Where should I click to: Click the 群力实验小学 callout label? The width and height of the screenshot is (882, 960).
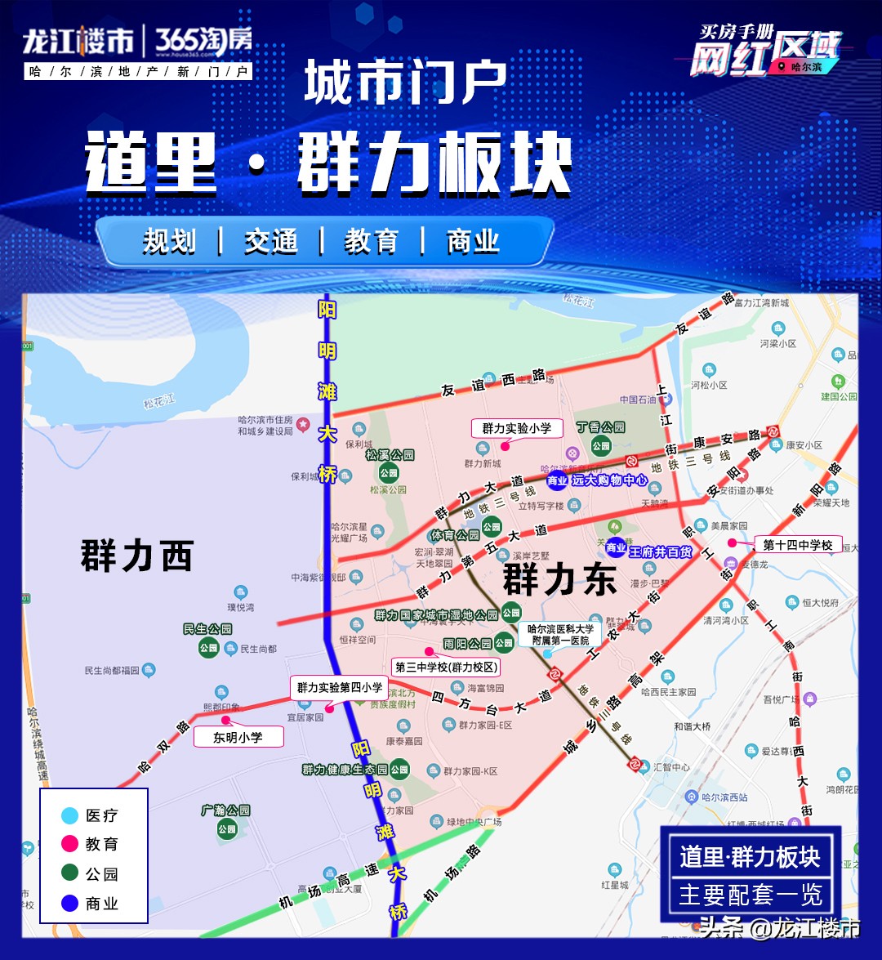coord(516,428)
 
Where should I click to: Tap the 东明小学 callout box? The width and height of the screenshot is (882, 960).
coord(238,737)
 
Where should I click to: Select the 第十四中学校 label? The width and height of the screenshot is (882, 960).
coord(797,545)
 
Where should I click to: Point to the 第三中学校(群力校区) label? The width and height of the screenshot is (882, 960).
coord(446,667)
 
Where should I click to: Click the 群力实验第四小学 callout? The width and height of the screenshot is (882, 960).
coord(339,688)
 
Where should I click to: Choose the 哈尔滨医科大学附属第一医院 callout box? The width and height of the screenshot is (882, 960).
coord(560,635)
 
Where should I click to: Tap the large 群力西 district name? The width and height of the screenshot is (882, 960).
coord(136,556)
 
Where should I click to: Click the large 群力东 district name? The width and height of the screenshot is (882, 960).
coord(559,579)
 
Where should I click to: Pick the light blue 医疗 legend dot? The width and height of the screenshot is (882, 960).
coord(70,815)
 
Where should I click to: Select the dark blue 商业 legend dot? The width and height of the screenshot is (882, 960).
coord(70,904)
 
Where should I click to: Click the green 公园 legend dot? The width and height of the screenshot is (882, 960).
coord(70,873)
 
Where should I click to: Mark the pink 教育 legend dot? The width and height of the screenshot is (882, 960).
coord(70,844)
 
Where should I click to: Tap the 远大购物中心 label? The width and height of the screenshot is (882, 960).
coord(609,480)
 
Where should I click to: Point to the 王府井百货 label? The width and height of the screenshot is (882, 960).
coord(660,552)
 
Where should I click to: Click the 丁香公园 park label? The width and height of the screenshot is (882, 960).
coord(600,427)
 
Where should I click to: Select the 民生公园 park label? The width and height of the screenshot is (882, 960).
coord(207,629)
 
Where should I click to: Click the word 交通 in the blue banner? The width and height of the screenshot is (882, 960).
coord(270,242)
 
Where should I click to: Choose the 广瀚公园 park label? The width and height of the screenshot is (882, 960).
coord(225,810)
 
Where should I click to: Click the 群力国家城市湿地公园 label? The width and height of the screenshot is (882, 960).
coord(436,615)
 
